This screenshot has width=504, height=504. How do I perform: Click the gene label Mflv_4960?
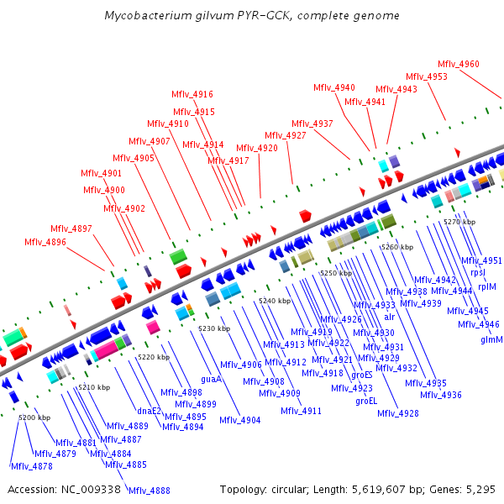point(459,64)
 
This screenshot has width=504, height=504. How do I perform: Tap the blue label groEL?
point(366,401)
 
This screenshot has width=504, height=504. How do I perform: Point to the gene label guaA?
point(211,379)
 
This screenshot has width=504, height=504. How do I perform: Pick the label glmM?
point(491,339)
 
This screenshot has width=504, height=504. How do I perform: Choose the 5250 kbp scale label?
point(335,273)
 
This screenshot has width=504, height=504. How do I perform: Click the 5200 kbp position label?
point(34,417)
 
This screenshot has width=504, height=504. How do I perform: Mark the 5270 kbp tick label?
point(459,221)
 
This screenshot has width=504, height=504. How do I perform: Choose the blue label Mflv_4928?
point(398,412)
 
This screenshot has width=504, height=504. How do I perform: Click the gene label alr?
point(389,317)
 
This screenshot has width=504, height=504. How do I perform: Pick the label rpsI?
point(478,272)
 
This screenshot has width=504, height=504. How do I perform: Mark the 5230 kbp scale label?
point(214,328)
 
